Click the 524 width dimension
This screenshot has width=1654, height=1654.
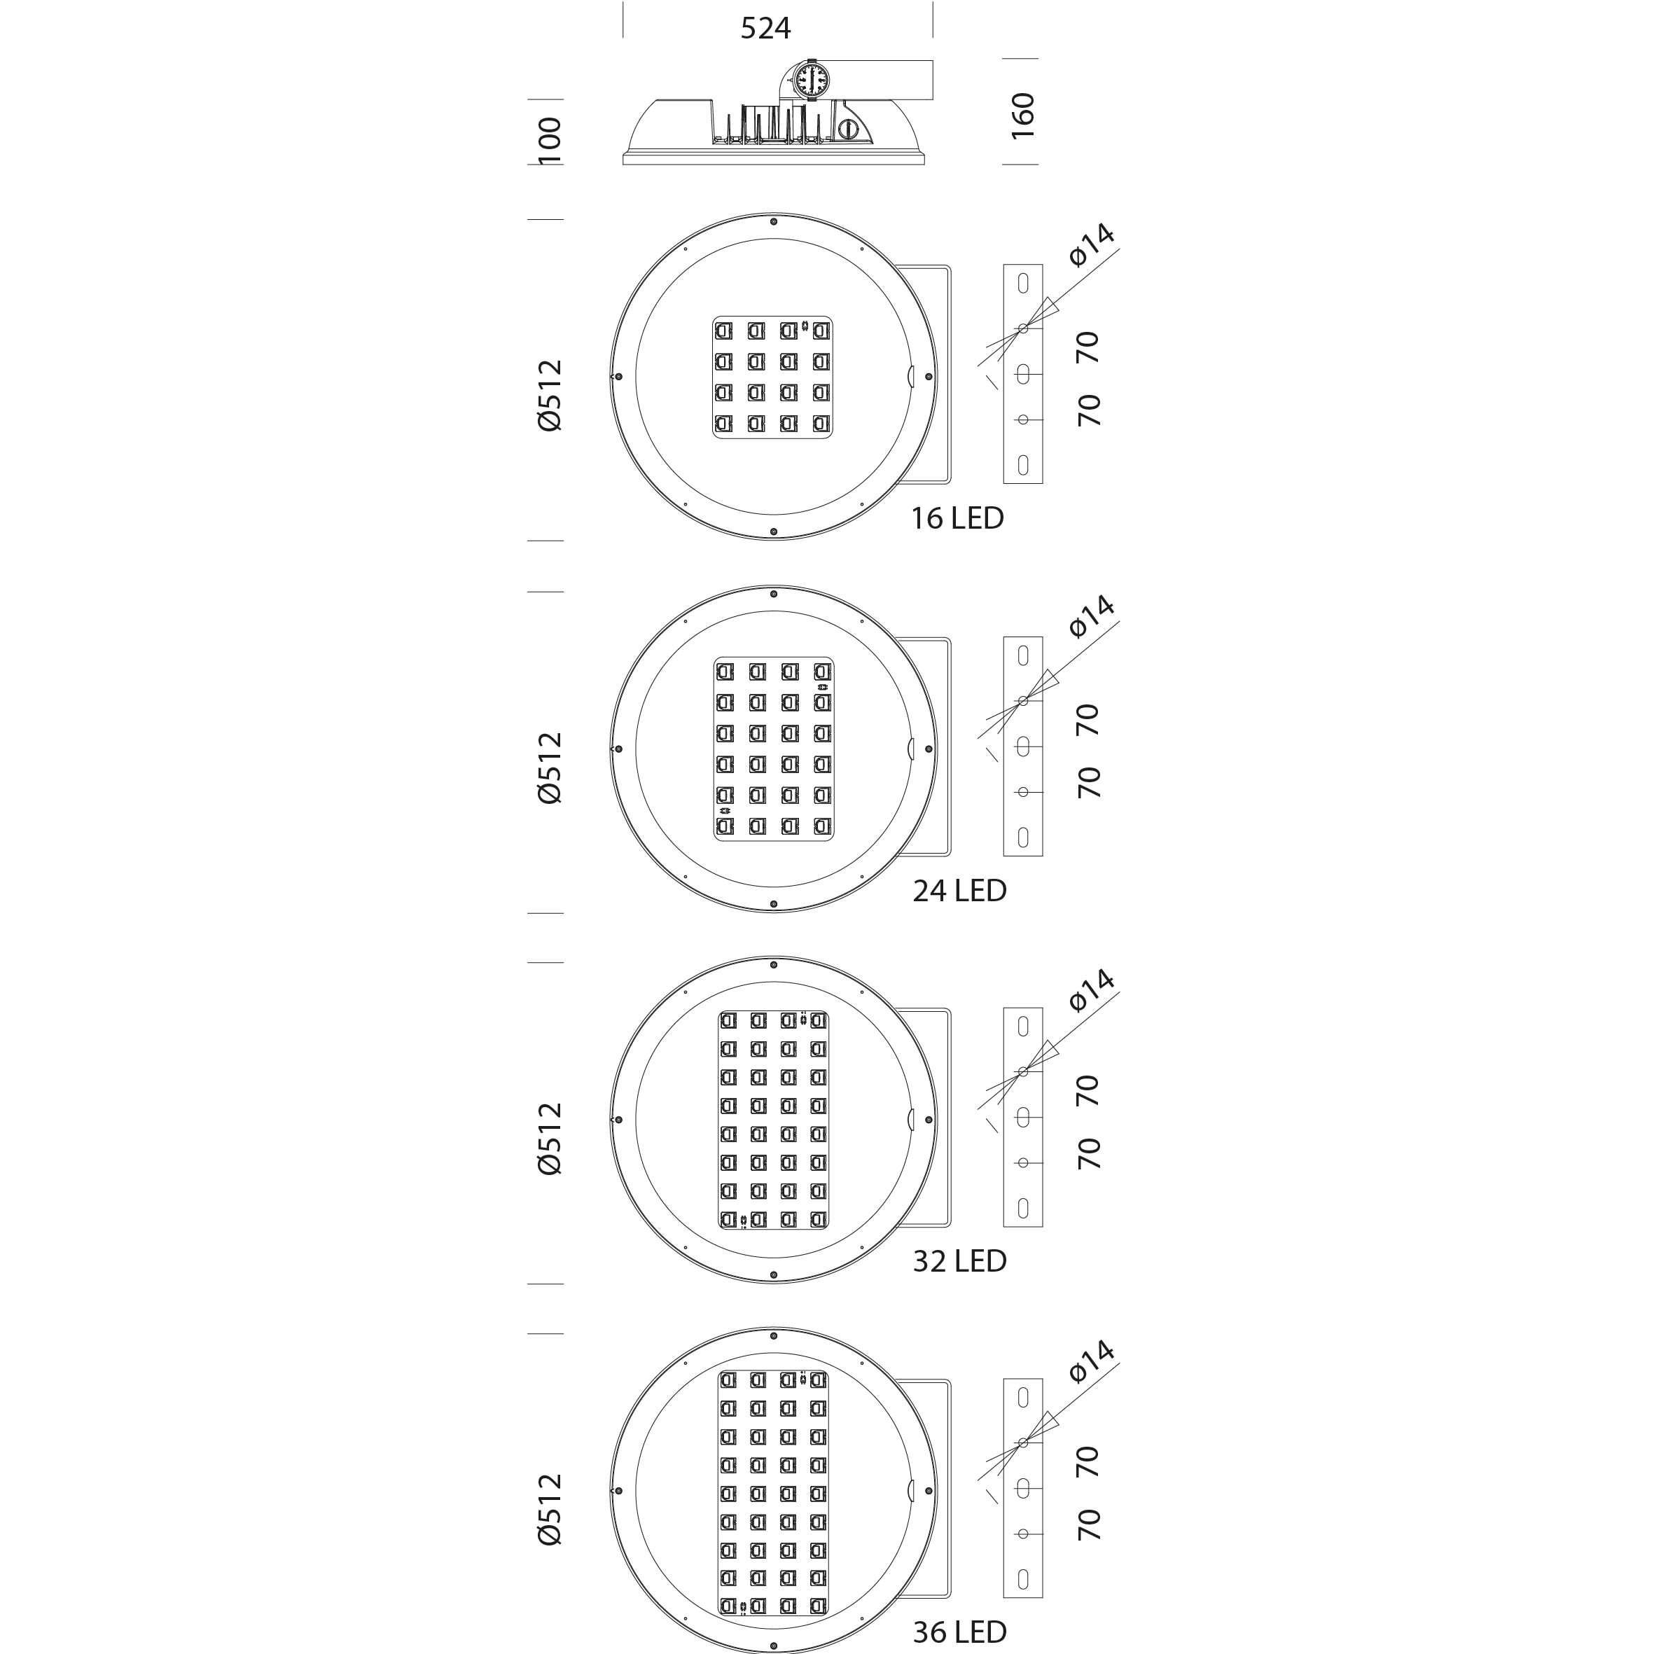[x=765, y=28]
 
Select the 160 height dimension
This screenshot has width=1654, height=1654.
[x=1023, y=116]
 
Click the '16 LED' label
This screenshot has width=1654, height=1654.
[x=957, y=518]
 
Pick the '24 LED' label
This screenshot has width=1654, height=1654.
[x=959, y=890]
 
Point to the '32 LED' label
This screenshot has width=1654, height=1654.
[x=959, y=1261]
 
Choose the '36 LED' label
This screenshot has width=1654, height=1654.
[x=959, y=1632]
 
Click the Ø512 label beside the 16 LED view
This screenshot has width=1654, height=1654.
[x=550, y=395]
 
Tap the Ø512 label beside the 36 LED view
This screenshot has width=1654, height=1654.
[x=550, y=1509]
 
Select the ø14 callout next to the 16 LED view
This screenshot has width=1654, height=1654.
[x=1092, y=245]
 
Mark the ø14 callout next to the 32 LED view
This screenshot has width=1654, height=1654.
[x=1092, y=991]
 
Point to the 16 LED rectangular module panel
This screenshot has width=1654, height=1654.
[x=773, y=377]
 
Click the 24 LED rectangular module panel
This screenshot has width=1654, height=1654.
[x=774, y=749]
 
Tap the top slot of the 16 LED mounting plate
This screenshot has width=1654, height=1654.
[x=1023, y=284]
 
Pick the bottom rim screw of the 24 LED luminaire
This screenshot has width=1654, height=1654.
[x=774, y=904]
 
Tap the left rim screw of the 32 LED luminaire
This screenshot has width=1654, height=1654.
[x=618, y=1120]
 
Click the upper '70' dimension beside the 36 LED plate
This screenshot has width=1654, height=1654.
[x=1087, y=1462]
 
